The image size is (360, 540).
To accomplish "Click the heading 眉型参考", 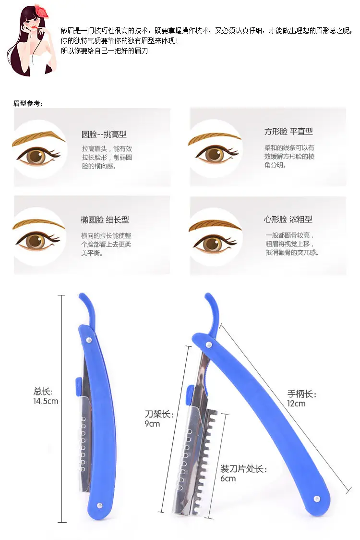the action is pos(27,103).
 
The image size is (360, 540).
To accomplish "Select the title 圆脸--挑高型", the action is pos(104,135).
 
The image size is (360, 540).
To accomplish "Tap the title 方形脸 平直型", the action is pos(288,131).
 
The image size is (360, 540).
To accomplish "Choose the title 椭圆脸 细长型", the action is pos(105,220).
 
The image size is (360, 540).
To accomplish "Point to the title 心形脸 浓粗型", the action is pos(288,220).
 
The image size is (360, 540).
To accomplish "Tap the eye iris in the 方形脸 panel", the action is pos(214,154).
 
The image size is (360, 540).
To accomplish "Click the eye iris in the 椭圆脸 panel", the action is pos(36,241).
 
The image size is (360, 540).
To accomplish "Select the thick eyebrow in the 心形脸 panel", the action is pos(215,225).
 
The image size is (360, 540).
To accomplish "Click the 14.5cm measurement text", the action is pos(46,401).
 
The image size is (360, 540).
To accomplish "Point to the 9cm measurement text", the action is pos(152,424).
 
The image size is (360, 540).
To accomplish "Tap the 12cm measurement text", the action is pos(296,404).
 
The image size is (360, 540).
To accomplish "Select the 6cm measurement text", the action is pos(228,479).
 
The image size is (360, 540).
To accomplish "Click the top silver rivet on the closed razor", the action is pos(89,340).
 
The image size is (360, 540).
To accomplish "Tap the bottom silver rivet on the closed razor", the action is pos(100,505).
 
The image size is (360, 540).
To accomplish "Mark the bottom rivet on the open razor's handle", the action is pos(317,499).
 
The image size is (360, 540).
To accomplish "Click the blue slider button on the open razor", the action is pos(190,396).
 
